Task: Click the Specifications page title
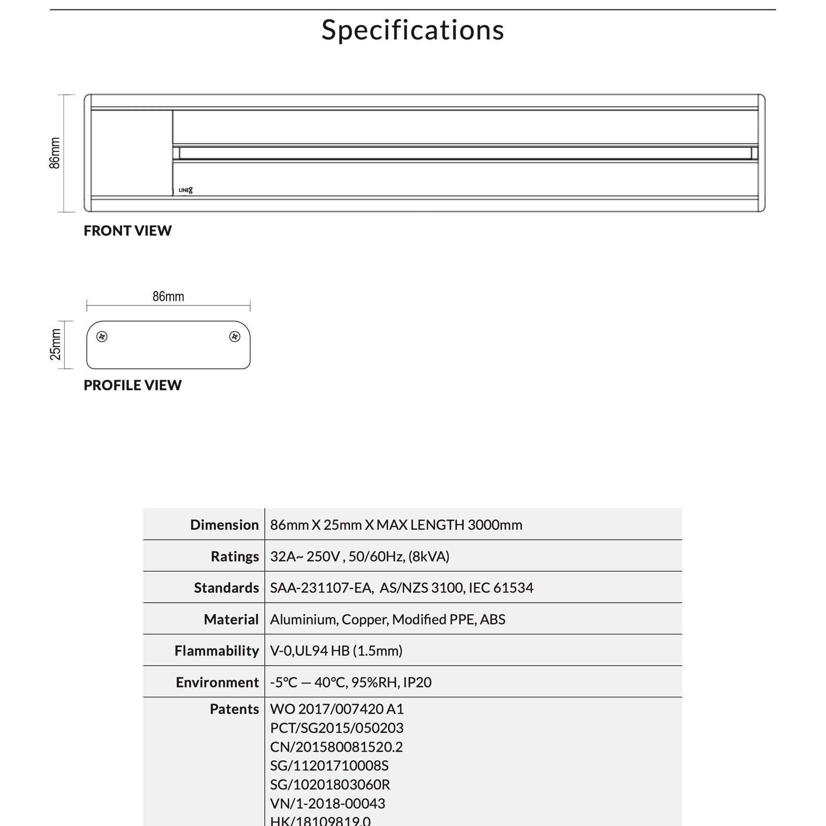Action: (413, 30)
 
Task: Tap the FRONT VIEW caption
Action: (128, 231)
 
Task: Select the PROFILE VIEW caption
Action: (133, 385)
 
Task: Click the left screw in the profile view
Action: (102, 337)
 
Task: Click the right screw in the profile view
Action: (235, 337)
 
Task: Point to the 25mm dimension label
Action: (56, 344)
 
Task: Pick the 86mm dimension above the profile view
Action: (168, 296)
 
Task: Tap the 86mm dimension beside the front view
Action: (55, 153)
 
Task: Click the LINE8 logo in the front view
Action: (185, 190)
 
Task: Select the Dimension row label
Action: (224, 524)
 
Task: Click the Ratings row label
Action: (235, 556)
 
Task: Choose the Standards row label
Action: (226, 587)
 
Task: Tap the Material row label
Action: (231, 619)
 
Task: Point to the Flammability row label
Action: (216, 651)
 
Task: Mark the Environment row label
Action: (217, 682)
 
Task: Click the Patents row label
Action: (234, 709)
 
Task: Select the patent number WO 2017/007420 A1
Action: (337, 709)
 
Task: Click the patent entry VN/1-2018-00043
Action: (327, 803)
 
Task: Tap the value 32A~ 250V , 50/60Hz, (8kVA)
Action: (359, 556)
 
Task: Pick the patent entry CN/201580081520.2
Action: (336, 747)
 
